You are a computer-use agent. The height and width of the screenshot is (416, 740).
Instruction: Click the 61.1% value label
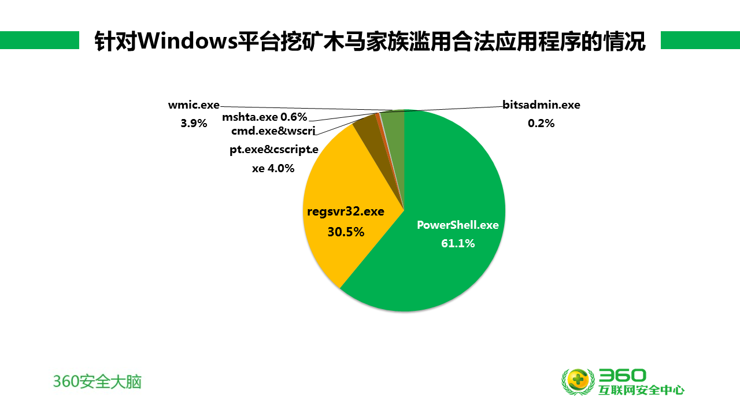(x=458, y=243)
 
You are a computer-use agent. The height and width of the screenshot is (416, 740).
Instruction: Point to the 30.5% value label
(x=346, y=232)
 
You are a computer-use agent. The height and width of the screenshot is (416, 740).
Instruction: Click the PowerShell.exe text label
(x=458, y=225)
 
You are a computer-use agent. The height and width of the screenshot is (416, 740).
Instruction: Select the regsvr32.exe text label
(x=346, y=211)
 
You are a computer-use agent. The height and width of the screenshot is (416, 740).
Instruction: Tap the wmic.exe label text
(x=194, y=105)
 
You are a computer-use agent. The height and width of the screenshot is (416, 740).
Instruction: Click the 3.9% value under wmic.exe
(x=194, y=124)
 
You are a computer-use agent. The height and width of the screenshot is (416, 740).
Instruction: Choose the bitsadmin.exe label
(x=542, y=105)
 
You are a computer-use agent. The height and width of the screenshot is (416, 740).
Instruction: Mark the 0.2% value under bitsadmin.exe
(x=541, y=124)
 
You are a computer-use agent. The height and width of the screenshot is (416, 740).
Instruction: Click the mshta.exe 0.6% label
(x=265, y=117)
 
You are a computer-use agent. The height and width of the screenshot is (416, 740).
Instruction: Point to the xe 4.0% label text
(x=273, y=168)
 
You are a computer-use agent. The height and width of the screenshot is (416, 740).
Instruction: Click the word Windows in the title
(x=188, y=40)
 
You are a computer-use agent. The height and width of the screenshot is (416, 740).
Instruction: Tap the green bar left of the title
(x=40, y=40)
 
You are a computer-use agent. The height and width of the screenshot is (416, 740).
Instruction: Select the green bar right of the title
(x=700, y=40)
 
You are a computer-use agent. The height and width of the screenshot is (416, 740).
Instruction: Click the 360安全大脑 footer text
(x=97, y=382)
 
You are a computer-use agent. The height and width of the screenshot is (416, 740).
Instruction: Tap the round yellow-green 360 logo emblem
(x=578, y=382)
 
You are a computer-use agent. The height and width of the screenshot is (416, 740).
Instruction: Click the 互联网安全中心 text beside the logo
(x=641, y=390)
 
